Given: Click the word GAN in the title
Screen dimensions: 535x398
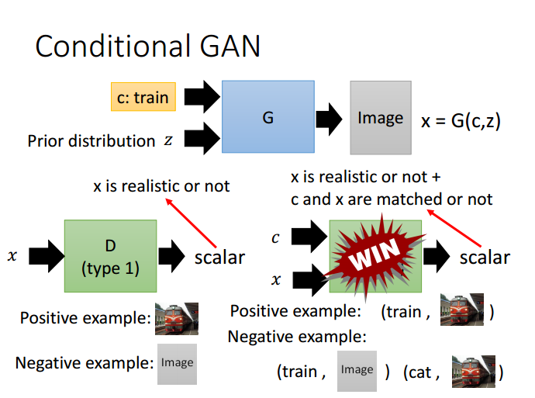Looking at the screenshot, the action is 230,46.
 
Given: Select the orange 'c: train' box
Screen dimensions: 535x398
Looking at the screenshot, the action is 143,97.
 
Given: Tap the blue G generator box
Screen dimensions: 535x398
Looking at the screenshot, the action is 268,116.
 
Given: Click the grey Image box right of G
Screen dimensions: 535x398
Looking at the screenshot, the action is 381,118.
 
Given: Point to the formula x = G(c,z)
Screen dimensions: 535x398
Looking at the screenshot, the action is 461,121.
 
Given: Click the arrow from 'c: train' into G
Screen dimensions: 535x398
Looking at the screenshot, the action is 202,97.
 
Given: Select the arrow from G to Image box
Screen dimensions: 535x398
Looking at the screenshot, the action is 329,119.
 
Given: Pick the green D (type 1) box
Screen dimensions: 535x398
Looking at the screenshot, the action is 111,256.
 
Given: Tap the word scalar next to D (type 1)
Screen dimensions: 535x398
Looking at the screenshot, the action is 219,258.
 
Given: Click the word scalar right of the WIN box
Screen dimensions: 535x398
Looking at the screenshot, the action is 485,258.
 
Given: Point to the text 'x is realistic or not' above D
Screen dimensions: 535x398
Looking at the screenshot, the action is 161,186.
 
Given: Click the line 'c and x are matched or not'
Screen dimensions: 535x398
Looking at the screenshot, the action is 392,199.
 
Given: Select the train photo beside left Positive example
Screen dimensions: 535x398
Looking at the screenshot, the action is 177,318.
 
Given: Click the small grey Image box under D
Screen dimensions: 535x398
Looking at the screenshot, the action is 177,364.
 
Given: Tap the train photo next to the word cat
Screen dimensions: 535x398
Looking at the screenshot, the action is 474,372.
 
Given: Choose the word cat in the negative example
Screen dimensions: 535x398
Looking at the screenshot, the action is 418,372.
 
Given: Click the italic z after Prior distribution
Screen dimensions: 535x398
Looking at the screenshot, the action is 168,140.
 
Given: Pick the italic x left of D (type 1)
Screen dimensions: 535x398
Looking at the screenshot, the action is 12,256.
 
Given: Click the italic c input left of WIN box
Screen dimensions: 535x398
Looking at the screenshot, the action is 275,238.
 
